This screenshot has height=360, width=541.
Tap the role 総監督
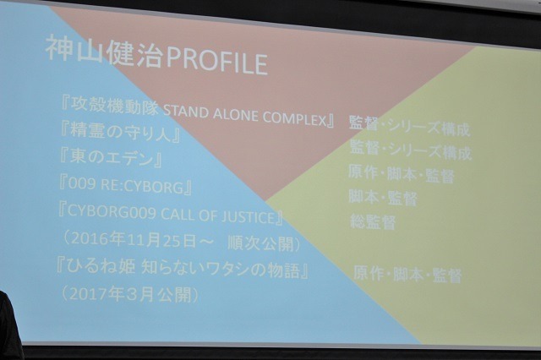point(373,222)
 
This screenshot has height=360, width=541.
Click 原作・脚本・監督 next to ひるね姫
point(407,275)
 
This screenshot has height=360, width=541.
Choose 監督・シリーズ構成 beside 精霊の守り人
point(411,151)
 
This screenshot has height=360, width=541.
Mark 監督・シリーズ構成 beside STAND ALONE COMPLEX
point(410,128)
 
